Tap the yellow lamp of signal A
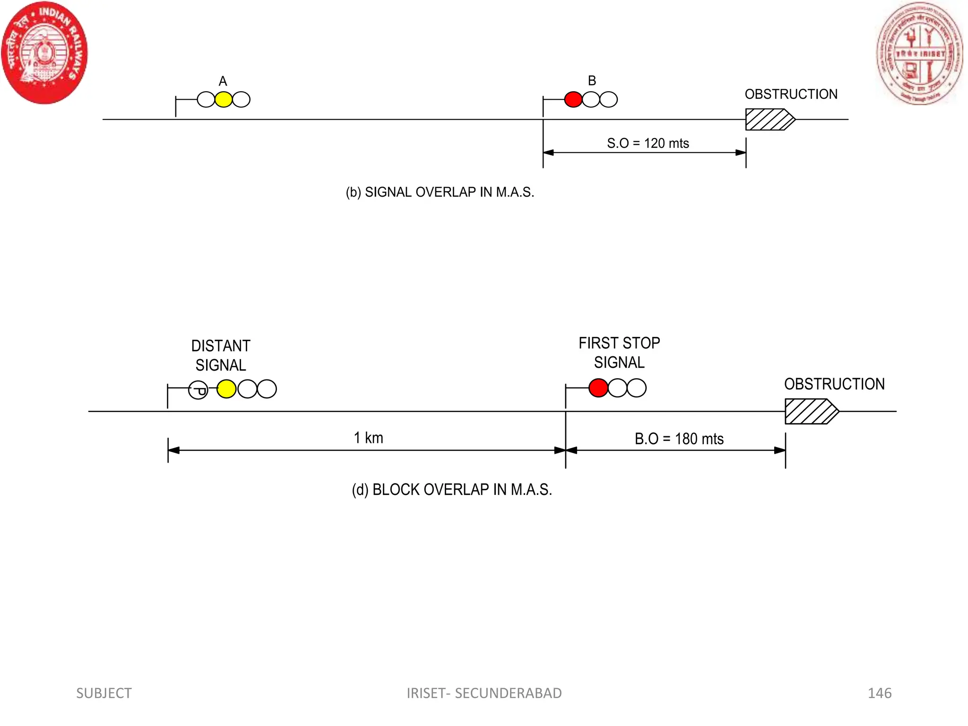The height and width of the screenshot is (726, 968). click(x=224, y=100)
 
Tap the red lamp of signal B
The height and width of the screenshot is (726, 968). click(x=573, y=100)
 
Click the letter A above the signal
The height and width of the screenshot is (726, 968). click(x=223, y=81)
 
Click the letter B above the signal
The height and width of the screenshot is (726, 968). click(x=592, y=81)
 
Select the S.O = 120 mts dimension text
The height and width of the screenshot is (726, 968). click(x=648, y=143)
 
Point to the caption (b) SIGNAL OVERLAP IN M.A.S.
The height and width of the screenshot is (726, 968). click(x=440, y=192)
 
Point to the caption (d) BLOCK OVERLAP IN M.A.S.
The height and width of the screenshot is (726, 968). click(x=451, y=490)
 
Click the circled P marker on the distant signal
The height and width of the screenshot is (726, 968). click(x=198, y=390)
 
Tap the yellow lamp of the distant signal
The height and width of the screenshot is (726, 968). click(x=226, y=389)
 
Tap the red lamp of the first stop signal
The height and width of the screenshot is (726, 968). click(x=598, y=388)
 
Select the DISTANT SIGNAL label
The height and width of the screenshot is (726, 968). click(x=221, y=355)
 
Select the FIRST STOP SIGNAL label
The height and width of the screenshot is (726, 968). click(x=619, y=353)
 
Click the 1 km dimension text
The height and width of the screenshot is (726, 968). click(x=368, y=438)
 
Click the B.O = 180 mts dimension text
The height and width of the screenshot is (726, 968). click(x=679, y=439)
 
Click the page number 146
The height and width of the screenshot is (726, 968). click(x=879, y=693)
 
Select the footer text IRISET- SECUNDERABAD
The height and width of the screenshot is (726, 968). click(x=484, y=693)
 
